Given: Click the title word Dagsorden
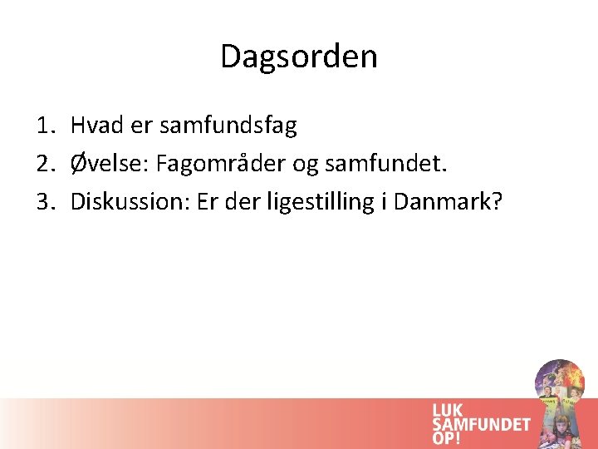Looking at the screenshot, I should [299, 57].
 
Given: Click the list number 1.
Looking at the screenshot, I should [45, 126].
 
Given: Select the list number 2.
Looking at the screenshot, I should [45, 164].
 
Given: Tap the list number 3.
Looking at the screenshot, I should [45, 201].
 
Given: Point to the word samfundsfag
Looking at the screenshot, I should [228, 126].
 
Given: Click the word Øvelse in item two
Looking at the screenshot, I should [106, 164].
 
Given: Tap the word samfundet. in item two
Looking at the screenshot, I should [384, 164].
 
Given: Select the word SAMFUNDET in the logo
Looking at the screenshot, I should [481, 424].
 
